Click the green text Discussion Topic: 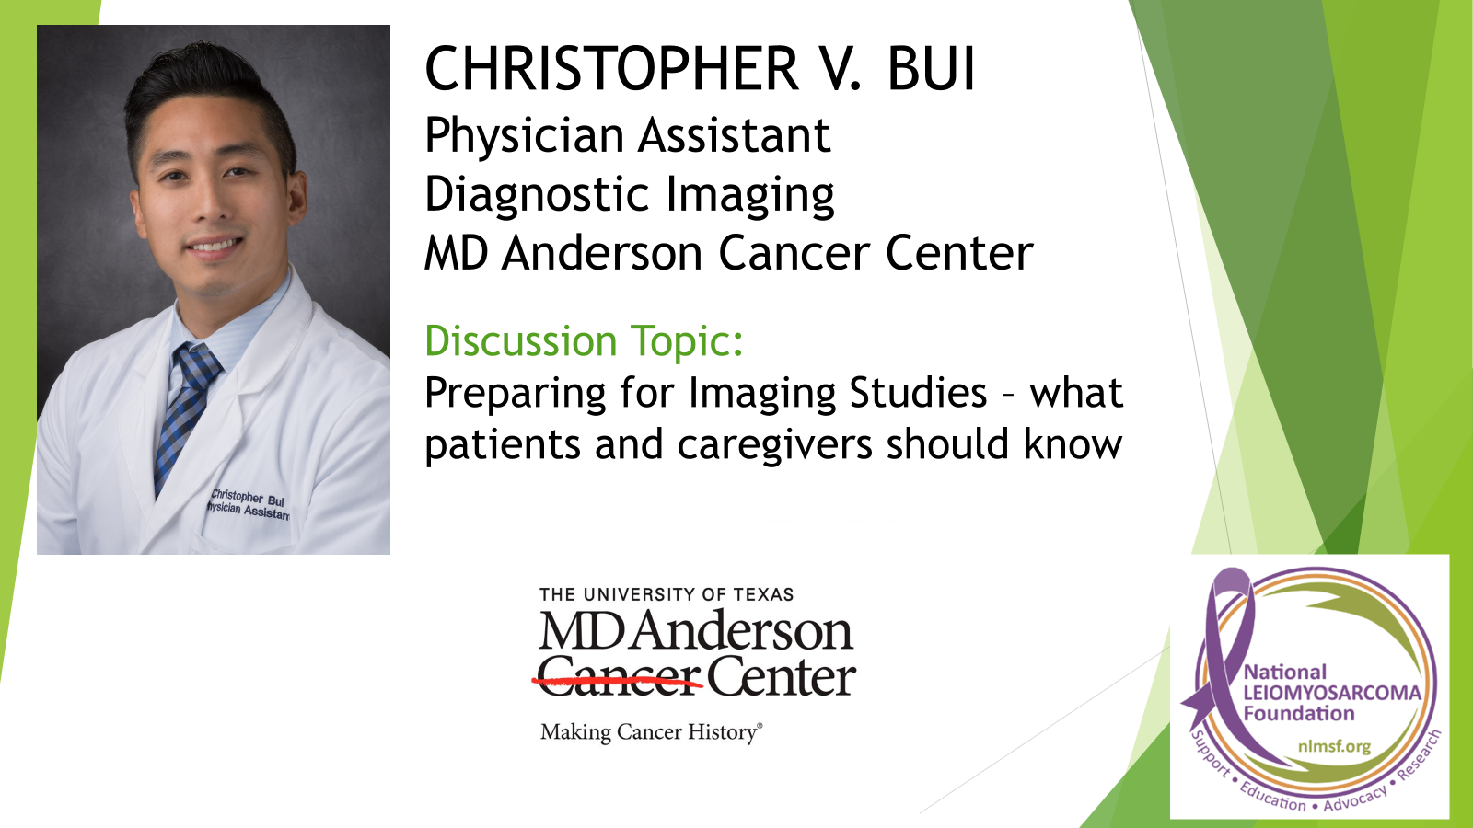[584, 341]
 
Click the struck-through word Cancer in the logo [619, 679]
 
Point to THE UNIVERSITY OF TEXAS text [667, 595]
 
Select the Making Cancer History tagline [651, 732]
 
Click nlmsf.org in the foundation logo [1334, 746]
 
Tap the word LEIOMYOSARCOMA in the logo [1332, 693]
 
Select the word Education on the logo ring [1272, 797]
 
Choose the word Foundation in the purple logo [1298, 714]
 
